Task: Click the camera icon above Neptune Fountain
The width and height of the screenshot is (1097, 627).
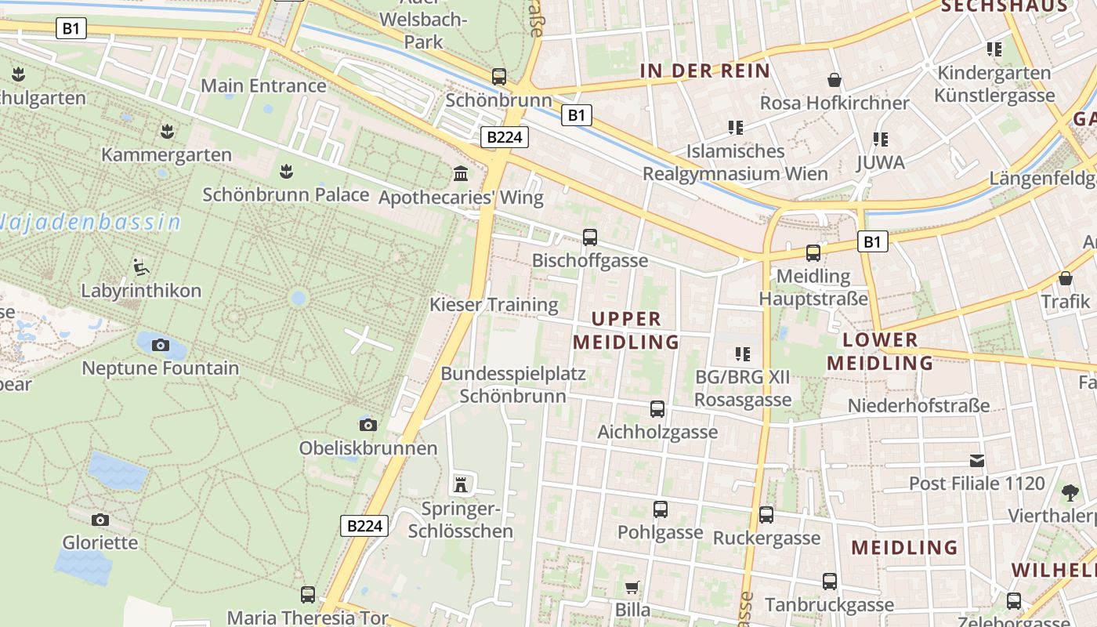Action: (160, 345)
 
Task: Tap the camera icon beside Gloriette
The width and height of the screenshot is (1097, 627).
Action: (100, 520)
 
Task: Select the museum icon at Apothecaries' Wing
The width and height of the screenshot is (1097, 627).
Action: (460, 173)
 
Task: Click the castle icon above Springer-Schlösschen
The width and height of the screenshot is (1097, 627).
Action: (460, 485)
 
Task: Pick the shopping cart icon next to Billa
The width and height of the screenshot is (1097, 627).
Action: (632, 587)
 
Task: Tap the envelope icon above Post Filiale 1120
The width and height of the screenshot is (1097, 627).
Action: (976, 460)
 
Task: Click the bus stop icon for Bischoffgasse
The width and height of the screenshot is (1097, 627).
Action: (589, 237)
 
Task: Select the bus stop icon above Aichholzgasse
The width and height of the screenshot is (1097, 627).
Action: (657, 408)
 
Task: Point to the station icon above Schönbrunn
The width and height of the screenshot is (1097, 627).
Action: (498, 77)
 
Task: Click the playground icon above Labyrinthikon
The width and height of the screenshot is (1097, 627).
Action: (140, 267)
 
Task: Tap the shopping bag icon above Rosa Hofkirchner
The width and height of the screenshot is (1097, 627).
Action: (835, 80)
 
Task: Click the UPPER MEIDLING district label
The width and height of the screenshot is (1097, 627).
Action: (626, 330)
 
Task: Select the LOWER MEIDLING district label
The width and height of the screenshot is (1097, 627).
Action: (880, 351)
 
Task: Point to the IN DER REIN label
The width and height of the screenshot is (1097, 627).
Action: (704, 71)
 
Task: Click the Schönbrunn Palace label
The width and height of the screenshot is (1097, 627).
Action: (285, 194)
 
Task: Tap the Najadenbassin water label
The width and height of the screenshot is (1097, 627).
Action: (90, 222)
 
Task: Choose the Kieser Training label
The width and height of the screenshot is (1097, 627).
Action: (494, 304)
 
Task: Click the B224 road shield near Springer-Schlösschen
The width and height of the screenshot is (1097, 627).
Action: (364, 526)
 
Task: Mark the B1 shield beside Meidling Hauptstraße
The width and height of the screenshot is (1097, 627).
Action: (872, 241)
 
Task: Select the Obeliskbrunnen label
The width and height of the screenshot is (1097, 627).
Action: (367, 448)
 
